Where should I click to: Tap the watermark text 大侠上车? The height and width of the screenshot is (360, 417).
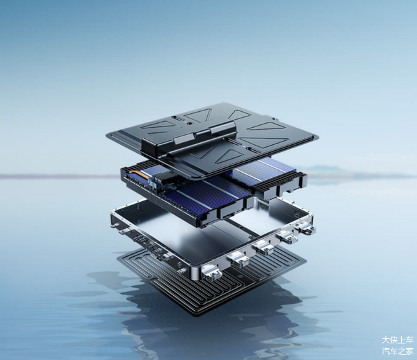click(x=398, y=340)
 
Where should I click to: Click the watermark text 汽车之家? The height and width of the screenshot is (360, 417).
click(x=398, y=351)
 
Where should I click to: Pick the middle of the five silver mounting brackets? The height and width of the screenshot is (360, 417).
click(x=263, y=246)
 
